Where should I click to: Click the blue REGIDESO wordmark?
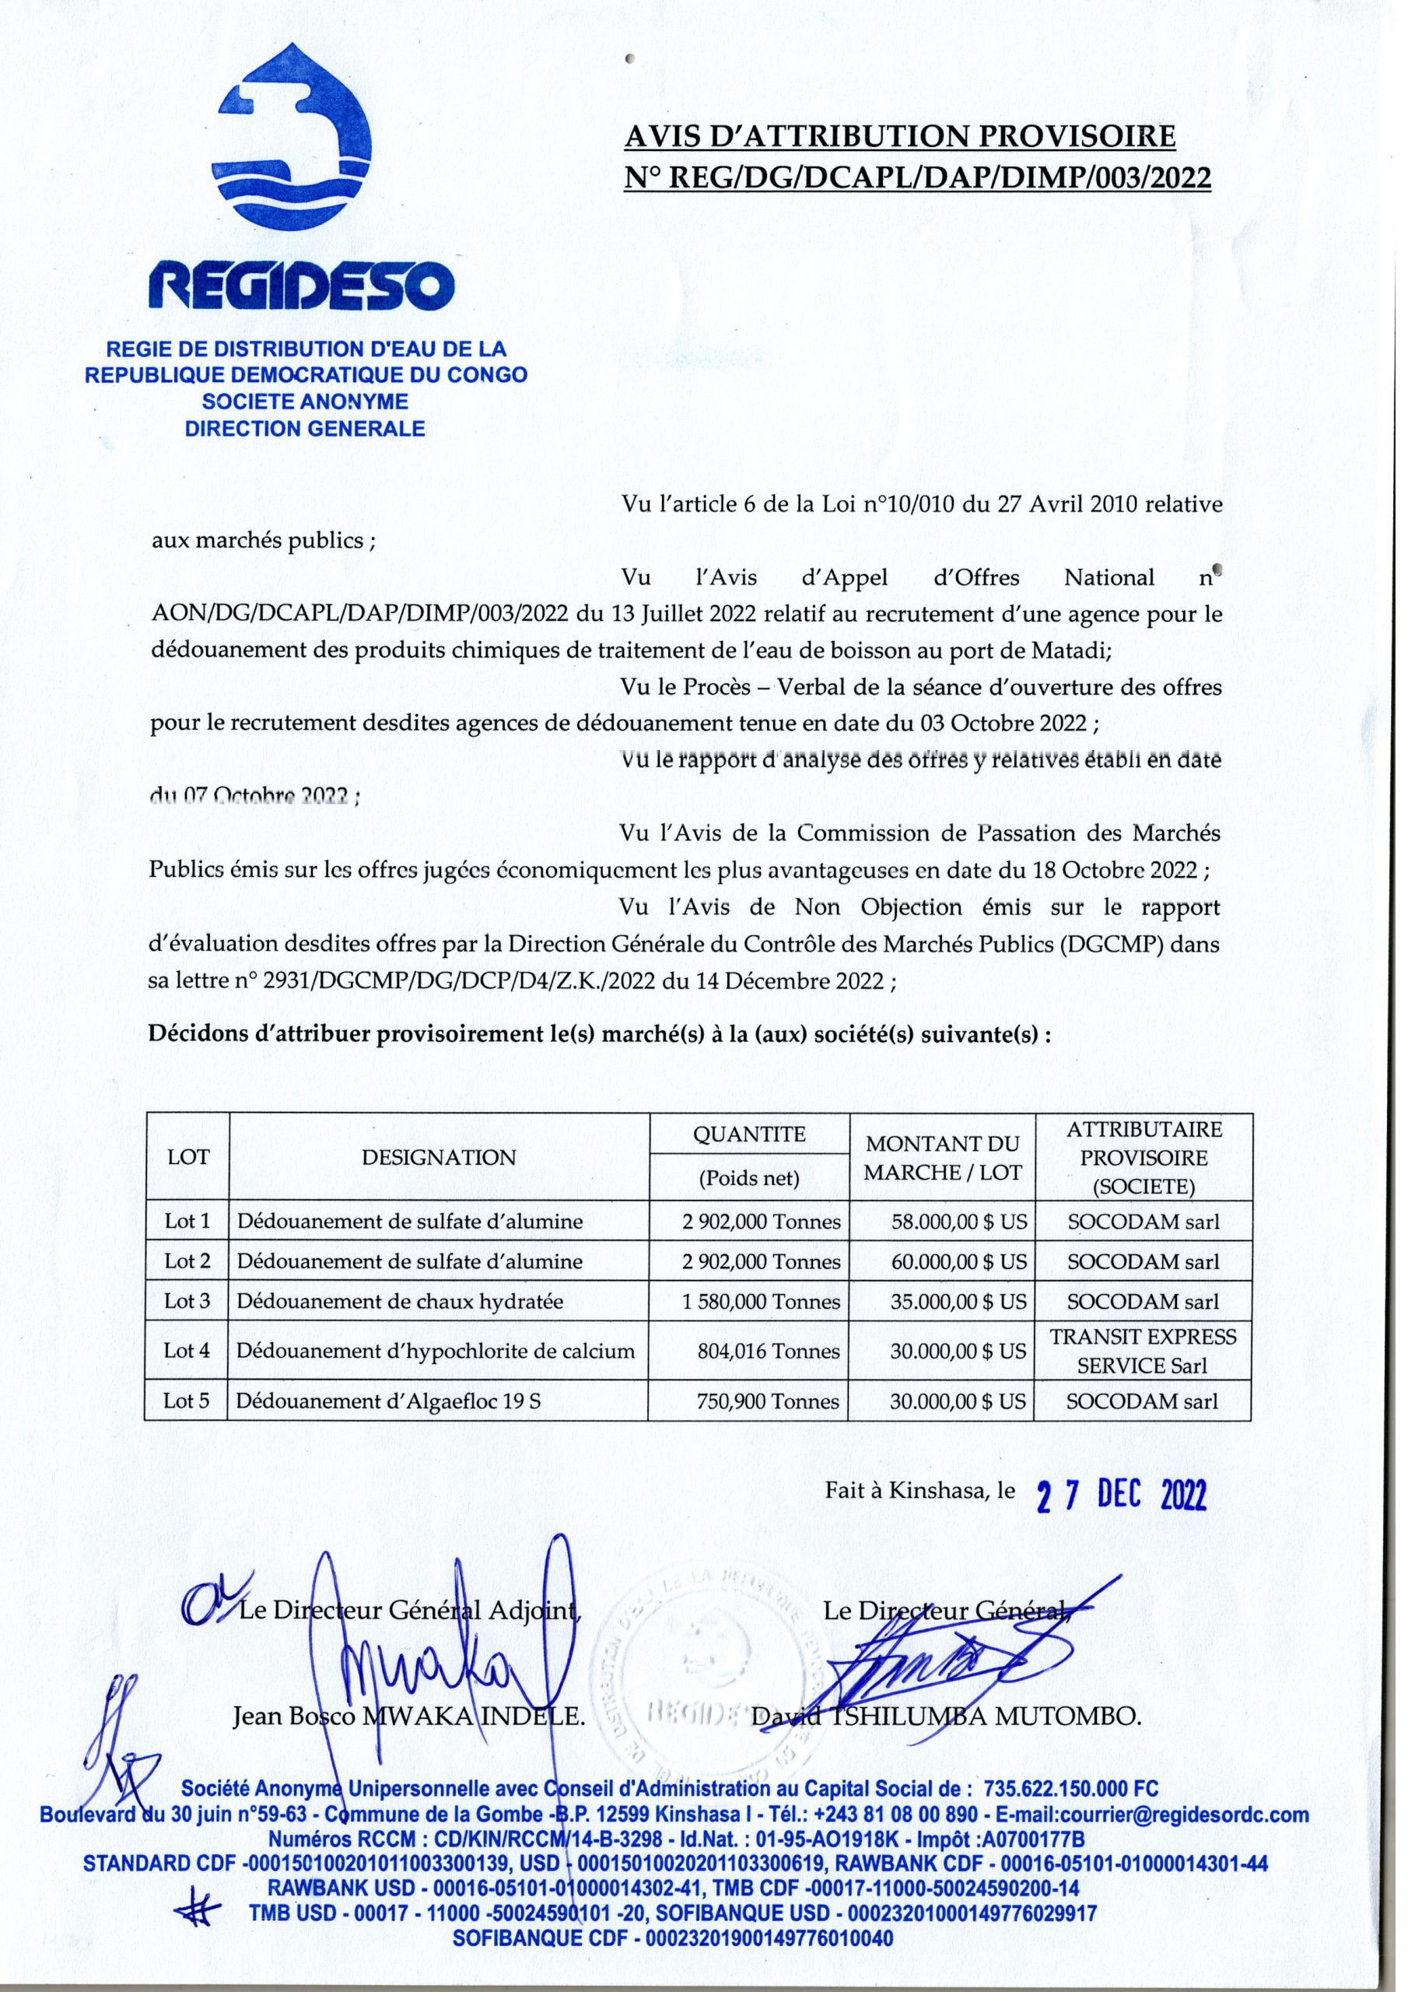301,286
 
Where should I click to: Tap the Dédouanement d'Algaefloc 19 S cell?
389,1401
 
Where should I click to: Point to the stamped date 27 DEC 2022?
1122,1495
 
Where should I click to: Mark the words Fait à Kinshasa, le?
919,1492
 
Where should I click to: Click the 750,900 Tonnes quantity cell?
768,1401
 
